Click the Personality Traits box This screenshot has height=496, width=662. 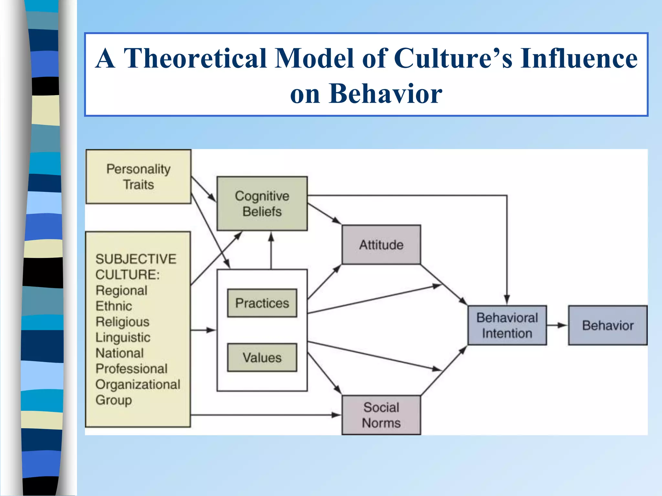(x=138, y=177)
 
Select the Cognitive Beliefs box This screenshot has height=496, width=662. (x=262, y=203)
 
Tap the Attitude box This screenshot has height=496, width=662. (x=381, y=245)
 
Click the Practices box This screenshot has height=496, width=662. (x=262, y=303)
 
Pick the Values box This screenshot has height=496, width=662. (x=262, y=357)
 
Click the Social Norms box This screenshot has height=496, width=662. (x=381, y=415)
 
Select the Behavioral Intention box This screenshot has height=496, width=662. (x=507, y=325)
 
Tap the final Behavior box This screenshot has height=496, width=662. (x=608, y=325)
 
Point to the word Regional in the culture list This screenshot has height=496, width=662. (x=122, y=290)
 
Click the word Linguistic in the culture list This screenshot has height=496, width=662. (x=123, y=337)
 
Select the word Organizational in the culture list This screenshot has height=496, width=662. (x=138, y=384)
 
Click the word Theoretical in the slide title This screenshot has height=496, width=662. (x=195, y=58)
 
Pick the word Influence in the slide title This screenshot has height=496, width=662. (x=579, y=58)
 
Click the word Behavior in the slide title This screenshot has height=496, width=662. (x=385, y=94)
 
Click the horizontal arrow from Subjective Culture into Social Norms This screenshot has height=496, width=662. (x=265, y=415)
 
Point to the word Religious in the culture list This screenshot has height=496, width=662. (x=123, y=322)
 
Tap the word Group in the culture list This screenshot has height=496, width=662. (x=113, y=400)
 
